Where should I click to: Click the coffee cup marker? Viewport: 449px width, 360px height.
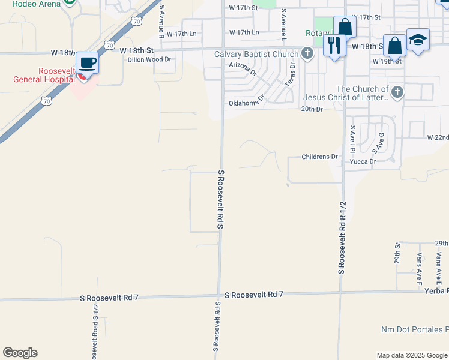[x=88, y=63]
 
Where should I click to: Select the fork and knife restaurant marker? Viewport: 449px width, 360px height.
[x=334, y=44]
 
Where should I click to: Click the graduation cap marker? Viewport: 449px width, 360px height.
[x=418, y=40]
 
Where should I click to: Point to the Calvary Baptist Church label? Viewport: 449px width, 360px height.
[x=256, y=55]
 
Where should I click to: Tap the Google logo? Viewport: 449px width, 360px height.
[x=20, y=353]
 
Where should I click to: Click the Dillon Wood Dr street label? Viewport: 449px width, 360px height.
[x=149, y=59]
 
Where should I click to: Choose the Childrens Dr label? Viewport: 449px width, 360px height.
[x=320, y=157]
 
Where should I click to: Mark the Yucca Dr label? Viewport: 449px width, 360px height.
[x=363, y=161]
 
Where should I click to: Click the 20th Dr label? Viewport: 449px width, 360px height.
[x=312, y=109]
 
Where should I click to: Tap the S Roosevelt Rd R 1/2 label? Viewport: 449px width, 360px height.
[x=342, y=238]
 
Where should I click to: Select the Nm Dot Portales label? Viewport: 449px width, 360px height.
[x=415, y=330]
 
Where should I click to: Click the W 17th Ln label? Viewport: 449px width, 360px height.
[x=244, y=32]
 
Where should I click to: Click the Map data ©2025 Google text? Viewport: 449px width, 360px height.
[x=411, y=355]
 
